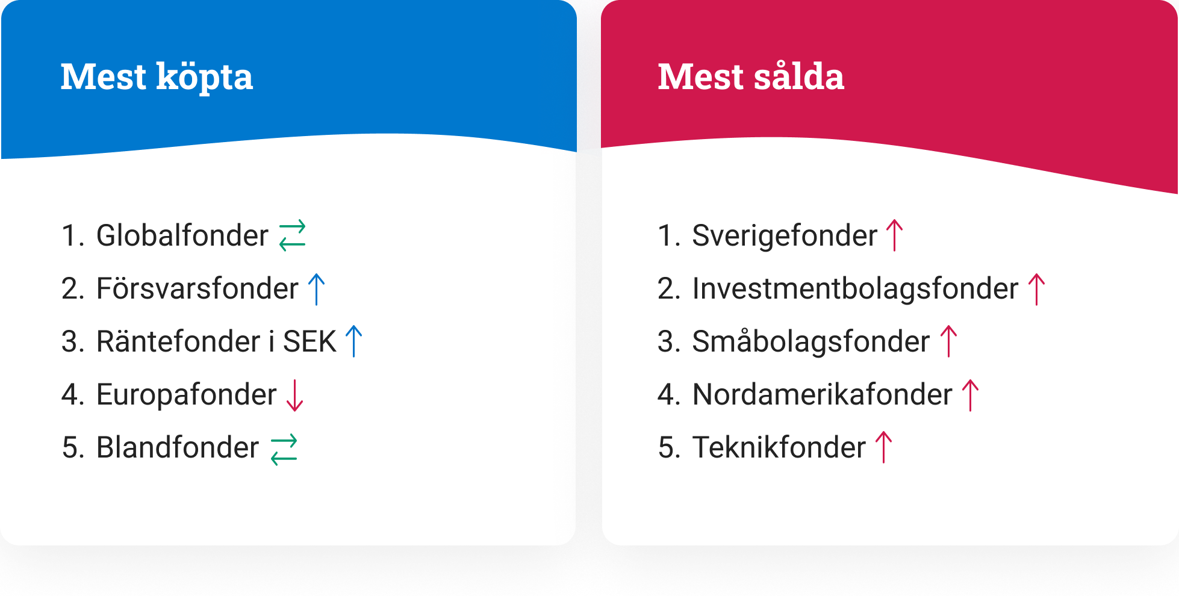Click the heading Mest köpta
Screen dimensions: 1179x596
(157, 77)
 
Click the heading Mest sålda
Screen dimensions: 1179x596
(751, 76)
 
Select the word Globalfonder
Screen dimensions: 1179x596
(182, 235)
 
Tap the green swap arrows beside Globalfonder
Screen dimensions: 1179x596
(293, 235)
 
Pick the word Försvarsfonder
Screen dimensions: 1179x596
(198, 288)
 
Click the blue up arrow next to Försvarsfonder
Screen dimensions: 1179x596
(316, 289)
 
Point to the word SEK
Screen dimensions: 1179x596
(310, 341)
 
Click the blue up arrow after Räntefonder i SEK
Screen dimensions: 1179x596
(354, 341)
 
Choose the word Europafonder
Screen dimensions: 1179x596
(187, 395)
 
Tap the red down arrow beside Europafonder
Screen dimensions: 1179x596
(295, 396)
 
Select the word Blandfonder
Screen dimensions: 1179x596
(178, 447)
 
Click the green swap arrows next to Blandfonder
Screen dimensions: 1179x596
(284, 450)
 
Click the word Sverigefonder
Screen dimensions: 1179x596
(785, 235)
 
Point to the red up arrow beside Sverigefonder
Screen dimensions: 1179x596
(895, 235)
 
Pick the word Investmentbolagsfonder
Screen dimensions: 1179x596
(855, 288)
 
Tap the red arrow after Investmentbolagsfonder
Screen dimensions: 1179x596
(1036, 289)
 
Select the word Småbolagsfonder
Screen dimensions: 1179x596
(811, 341)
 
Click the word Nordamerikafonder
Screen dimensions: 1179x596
(823, 394)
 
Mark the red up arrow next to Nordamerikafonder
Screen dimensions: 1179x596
(971, 395)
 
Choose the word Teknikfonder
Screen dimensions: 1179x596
(779, 447)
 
